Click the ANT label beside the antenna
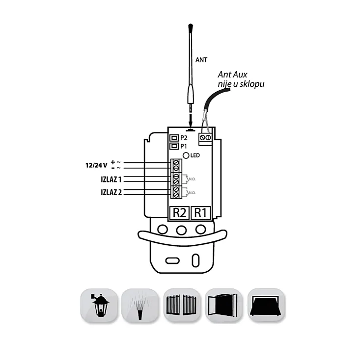point(201,60)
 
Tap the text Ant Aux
point(233,75)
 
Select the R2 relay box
point(179,213)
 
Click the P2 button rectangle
point(173,138)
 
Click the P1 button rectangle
point(173,146)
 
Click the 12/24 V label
point(97,165)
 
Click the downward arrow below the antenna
point(192,121)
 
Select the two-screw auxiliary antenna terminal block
point(205,139)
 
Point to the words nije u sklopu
point(241,84)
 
